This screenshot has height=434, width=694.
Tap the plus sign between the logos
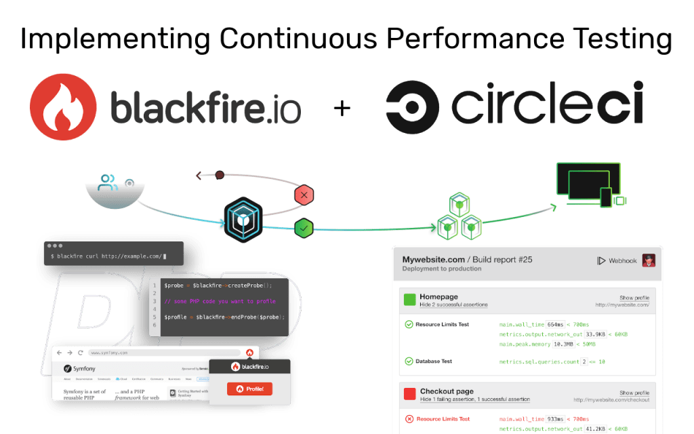click(x=342, y=108)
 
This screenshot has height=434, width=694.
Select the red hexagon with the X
click(x=304, y=195)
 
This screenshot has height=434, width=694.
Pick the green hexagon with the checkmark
click(x=304, y=228)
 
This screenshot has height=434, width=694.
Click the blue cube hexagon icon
click(x=242, y=219)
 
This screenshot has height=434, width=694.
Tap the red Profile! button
click(x=249, y=389)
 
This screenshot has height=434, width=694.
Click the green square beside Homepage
click(x=409, y=300)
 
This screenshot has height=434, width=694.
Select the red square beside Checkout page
click(x=409, y=394)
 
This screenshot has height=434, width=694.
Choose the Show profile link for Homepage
click(x=634, y=298)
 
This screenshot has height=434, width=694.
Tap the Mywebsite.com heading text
click(x=434, y=260)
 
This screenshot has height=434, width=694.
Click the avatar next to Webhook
click(x=649, y=261)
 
